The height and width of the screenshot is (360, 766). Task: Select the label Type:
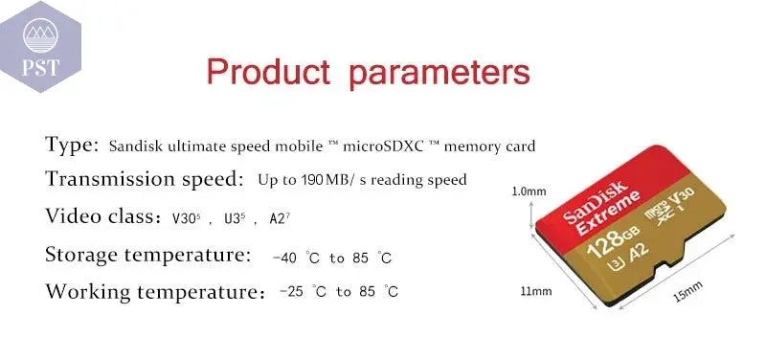(73, 146)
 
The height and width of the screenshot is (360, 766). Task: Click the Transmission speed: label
(145, 179)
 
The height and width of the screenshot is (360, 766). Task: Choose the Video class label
(103, 216)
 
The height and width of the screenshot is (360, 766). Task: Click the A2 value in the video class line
(279, 217)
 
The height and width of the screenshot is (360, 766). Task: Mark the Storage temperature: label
(148, 256)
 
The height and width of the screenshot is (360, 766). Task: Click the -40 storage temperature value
(284, 258)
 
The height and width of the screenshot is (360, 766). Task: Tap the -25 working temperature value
(291, 292)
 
